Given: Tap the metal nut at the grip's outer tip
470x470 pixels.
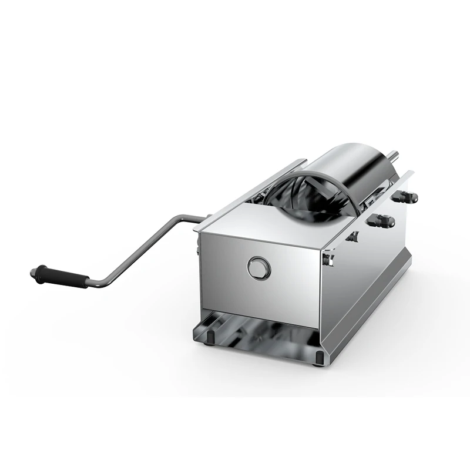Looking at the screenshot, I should point(34,270).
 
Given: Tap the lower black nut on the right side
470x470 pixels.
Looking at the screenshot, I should point(375,222).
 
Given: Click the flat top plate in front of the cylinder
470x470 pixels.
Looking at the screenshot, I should point(264,226).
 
